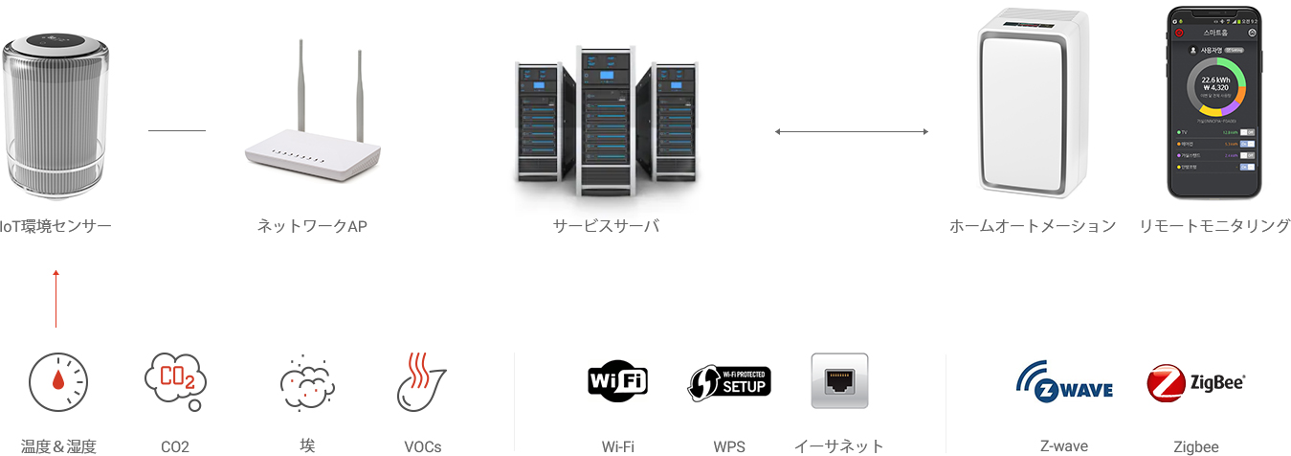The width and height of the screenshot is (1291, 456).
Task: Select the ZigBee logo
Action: tap(1195, 382)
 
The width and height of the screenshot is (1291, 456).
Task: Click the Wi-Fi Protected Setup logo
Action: tap(729, 381)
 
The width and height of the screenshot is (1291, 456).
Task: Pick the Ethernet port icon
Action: tap(839, 381)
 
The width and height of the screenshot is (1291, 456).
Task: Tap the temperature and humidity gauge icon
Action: tap(57, 382)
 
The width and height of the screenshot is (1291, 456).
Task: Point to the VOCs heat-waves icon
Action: tap(421, 382)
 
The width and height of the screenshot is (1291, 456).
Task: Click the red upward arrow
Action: tap(56, 299)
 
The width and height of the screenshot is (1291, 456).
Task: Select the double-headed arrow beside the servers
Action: tap(851, 131)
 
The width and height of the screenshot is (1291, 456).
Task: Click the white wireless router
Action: tap(312, 134)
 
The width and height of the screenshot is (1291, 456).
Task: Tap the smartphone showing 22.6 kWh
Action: tap(1213, 103)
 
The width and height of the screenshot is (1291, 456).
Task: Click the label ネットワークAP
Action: tap(312, 226)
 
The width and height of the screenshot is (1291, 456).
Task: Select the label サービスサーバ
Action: tap(606, 226)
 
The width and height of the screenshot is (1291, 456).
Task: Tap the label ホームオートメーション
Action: tap(1033, 226)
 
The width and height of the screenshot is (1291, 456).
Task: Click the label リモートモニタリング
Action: tap(1213, 226)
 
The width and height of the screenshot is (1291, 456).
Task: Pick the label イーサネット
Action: tap(838, 445)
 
